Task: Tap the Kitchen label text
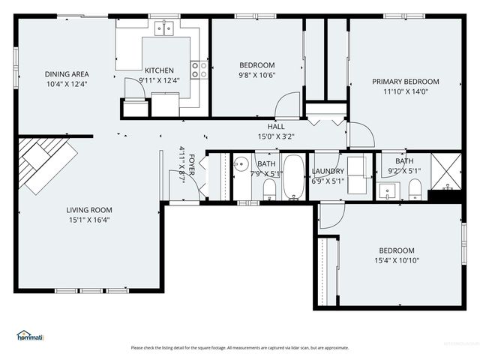(x=159, y=70)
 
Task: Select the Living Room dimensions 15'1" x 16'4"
(x=88, y=220)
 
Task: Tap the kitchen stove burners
(x=199, y=70)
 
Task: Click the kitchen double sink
(x=164, y=28)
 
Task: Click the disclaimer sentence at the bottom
(x=240, y=347)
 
